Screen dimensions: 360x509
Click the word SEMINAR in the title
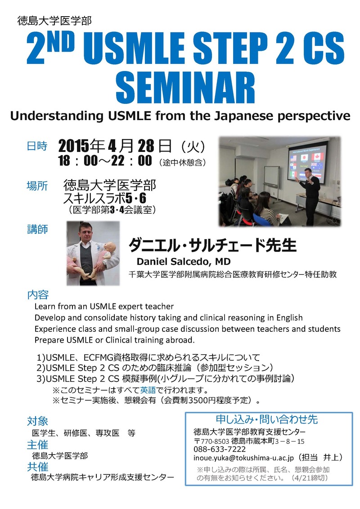(x=185, y=88)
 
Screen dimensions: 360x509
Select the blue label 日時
(x=37, y=146)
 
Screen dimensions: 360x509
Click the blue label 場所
(x=37, y=186)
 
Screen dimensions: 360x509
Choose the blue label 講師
(x=37, y=229)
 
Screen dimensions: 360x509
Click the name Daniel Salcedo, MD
(x=184, y=261)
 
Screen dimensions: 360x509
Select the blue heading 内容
(x=38, y=295)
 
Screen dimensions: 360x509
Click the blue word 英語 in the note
(x=148, y=389)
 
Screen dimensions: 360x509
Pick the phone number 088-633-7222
(x=220, y=449)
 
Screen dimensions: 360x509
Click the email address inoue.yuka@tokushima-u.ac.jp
(x=243, y=458)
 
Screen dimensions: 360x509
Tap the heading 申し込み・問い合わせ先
(x=267, y=420)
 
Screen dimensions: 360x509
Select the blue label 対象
(x=37, y=421)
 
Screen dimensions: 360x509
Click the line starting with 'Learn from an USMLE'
(x=104, y=307)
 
